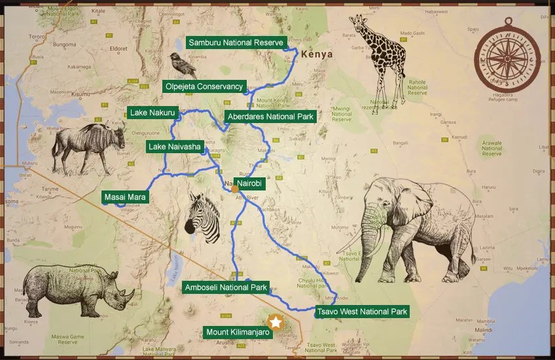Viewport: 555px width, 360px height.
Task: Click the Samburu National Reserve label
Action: point(235,43)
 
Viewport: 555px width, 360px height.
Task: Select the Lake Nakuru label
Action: point(152,113)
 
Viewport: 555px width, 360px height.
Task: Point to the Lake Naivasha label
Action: point(174,147)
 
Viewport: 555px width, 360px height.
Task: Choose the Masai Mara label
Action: point(125,196)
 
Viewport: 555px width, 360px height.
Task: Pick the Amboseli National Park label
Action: point(226,287)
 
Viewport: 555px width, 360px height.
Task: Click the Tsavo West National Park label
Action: point(362,312)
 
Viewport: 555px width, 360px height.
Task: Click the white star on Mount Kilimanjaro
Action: point(276,322)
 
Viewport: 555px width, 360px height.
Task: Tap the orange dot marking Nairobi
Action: point(235,189)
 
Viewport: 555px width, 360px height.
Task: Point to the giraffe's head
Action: point(357,26)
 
